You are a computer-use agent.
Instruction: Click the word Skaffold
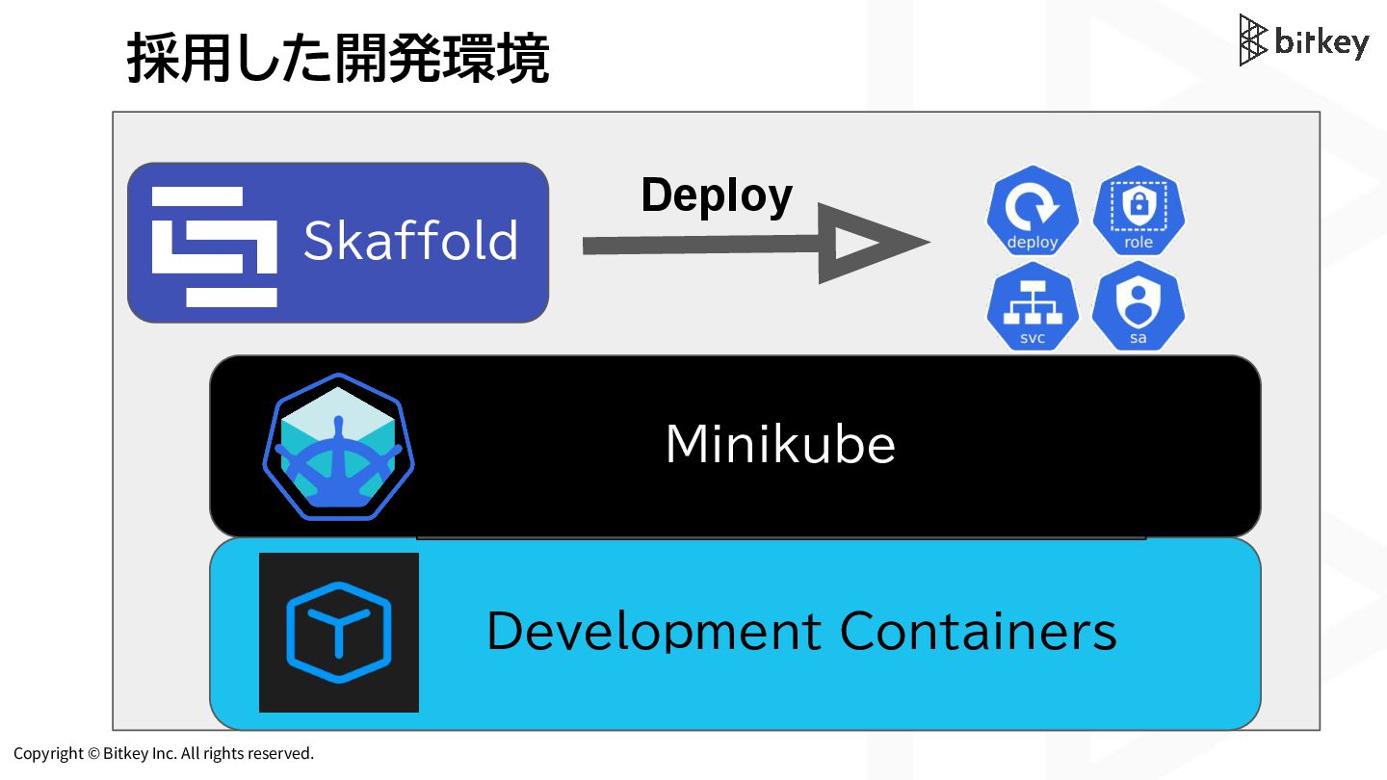(410, 241)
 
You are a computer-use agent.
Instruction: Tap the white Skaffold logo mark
(214, 247)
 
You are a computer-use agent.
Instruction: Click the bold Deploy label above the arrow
(717, 195)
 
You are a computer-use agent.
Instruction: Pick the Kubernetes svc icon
(1032, 306)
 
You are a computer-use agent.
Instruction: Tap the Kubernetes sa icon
(1138, 306)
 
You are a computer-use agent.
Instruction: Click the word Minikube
(780, 445)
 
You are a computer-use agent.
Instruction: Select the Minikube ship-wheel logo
(338, 447)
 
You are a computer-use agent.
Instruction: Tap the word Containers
(978, 632)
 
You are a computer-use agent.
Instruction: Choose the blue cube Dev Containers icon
(338, 633)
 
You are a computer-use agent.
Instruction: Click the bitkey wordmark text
(1321, 42)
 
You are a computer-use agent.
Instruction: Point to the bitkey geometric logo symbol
(1252, 40)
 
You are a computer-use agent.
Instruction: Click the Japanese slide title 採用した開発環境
(337, 60)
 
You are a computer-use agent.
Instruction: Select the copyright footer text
(164, 753)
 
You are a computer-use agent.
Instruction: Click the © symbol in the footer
(93, 753)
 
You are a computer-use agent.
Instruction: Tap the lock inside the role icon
(1138, 204)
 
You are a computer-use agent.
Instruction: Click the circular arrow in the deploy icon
(1031, 204)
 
